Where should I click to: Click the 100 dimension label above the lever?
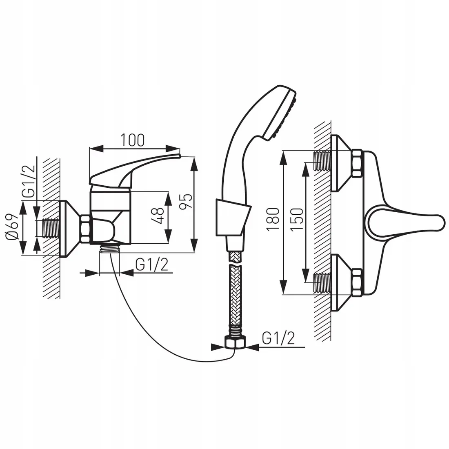coord(133,140)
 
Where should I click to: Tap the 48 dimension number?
coord(159,216)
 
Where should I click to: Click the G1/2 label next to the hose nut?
coord(278,338)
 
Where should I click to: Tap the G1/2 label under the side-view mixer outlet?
coord(152,265)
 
